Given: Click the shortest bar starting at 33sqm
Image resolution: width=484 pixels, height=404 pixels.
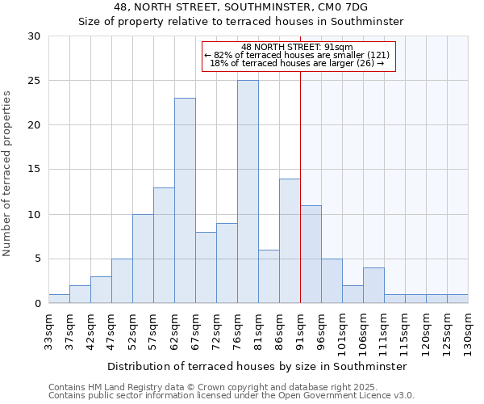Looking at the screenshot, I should pos(59,299).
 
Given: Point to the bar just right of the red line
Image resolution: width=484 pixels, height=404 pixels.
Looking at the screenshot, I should pos(311,255).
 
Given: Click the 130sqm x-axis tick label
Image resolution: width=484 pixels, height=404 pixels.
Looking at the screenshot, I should pos(469,327).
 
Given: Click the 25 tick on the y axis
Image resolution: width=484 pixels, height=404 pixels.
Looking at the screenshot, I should pos(35,81).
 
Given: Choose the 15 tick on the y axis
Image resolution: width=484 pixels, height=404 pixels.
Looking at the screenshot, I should pos(35,170).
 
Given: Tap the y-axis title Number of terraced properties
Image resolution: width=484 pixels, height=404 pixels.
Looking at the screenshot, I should pos(8,174).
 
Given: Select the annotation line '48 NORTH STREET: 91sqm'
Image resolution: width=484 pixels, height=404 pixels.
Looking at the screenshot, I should pos(298,47).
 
